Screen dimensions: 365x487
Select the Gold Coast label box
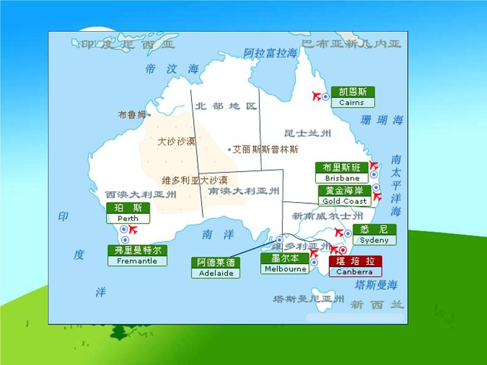pos(345,195)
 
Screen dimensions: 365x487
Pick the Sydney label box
pos(374,235)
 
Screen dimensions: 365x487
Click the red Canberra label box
pos(355,266)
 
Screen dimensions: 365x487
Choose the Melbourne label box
pos(285,263)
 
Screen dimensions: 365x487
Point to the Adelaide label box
pos(216,268)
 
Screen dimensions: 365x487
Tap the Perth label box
pos(128,213)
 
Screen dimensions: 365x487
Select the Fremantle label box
pos(136,255)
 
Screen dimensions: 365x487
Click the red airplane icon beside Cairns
pos(317,96)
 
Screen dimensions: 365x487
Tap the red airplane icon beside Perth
pos(131,230)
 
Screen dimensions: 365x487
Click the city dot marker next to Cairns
pos(326,97)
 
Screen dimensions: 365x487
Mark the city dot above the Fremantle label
pos(125,239)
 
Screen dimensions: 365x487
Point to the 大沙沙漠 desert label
pos(176,141)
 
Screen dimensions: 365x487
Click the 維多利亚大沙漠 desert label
pos(194,180)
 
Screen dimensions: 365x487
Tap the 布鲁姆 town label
pos(132,115)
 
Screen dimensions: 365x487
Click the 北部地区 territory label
pos(226,105)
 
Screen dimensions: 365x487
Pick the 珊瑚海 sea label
pos(383,120)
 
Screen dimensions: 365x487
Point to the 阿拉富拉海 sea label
pos(270,53)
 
